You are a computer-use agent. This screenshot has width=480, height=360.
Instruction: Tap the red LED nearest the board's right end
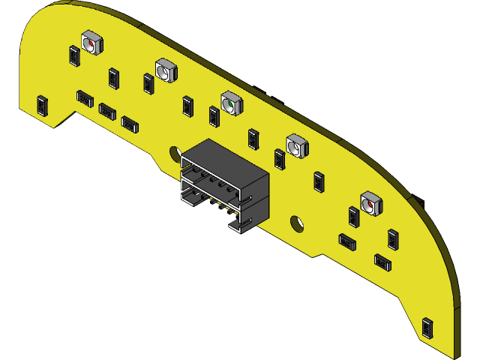pos(370,203)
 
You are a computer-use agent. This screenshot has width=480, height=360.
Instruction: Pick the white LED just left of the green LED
pos(166,70)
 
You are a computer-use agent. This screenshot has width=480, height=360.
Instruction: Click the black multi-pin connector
pos(224,184)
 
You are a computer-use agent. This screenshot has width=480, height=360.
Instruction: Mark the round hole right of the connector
pos(296,222)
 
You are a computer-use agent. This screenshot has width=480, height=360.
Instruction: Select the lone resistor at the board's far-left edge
pos(42,104)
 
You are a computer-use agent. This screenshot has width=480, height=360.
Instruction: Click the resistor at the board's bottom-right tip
pos(427,328)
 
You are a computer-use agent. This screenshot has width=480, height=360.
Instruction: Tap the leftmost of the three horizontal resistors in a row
pos(85,98)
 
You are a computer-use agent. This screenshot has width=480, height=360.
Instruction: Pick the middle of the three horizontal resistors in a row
pos(107,111)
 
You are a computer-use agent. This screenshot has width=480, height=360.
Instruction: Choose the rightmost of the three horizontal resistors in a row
pos(130,123)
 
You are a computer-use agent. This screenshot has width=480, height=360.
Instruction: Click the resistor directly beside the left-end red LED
pos(73,55)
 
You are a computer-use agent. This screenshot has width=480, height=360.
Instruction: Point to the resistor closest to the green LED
pos(214,116)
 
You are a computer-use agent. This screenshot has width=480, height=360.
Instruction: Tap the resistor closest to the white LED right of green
pos(280,159)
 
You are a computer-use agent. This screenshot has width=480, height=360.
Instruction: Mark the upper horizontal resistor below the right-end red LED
pos(346,241)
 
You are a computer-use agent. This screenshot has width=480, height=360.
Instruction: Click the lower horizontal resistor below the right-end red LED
pos(382,261)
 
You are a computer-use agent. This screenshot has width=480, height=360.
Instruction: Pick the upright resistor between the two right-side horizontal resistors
pos(392,238)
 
